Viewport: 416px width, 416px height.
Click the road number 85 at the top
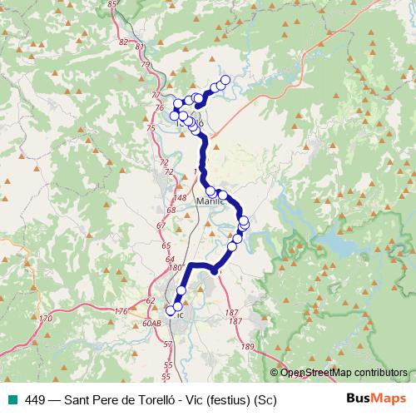[113, 5]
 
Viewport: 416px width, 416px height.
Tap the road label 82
[124, 42]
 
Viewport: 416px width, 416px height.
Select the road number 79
[145, 64]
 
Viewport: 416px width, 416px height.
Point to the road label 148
[181, 197]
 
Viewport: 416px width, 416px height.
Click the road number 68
[171, 210]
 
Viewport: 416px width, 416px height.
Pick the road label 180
[174, 268]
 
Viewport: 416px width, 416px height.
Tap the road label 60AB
[151, 324]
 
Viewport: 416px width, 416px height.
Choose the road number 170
[46, 318]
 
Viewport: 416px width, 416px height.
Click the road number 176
[121, 311]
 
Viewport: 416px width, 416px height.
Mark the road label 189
[246, 346]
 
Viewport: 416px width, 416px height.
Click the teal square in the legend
[10, 399]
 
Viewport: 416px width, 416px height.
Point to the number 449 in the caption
[35, 399]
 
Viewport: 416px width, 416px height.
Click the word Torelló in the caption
[164, 399]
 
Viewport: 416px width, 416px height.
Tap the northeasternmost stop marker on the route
[225, 80]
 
